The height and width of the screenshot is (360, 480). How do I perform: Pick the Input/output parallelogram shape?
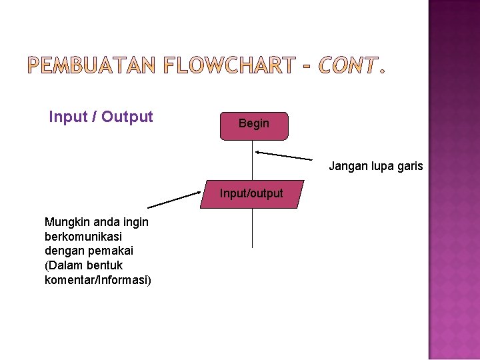tap(252, 194)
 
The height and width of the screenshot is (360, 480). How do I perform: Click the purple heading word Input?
tap(69, 117)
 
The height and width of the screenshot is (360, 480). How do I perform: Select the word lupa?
tap(381, 167)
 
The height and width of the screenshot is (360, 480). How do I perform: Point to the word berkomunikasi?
tap(83, 237)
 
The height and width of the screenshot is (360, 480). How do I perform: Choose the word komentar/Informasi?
tap(97, 280)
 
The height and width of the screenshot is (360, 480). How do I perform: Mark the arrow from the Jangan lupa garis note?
tap(283, 156)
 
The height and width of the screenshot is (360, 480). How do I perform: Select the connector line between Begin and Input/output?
tap(253, 160)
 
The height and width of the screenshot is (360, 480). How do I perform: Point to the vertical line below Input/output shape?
tap(253, 228)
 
